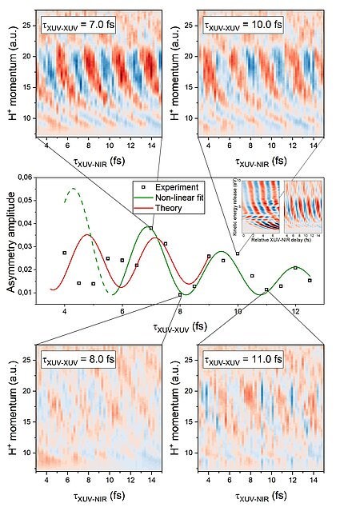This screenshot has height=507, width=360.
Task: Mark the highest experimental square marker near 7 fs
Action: pos(150,229)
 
